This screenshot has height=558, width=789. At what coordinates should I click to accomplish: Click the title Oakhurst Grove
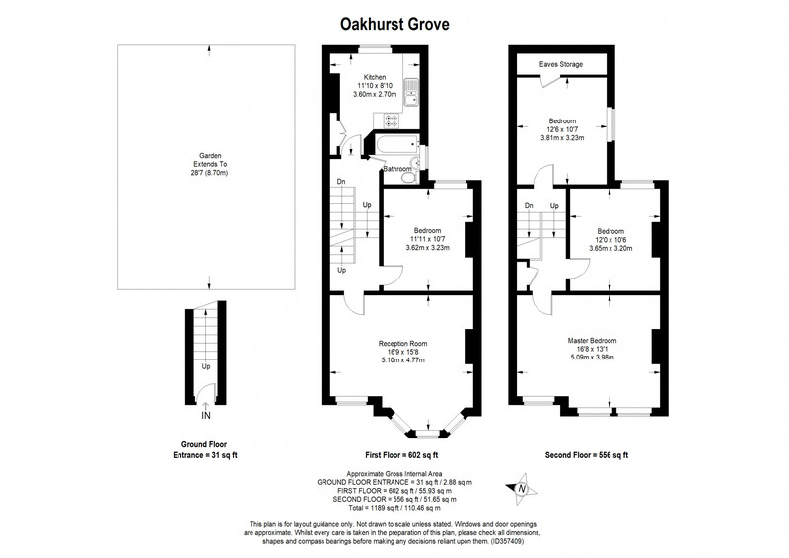tap(394, 24)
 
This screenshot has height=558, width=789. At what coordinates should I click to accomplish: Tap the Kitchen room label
tap(375, 77)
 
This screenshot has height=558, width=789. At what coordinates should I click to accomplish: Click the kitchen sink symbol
tap(411, 94)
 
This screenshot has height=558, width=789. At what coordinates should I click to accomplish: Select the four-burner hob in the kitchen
tap(391, 120)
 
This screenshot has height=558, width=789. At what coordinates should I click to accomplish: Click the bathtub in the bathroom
tap(397, 144)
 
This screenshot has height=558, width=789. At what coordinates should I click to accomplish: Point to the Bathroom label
tap(397, 169)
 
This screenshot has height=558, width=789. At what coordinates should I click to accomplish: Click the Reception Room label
tap(403, 344)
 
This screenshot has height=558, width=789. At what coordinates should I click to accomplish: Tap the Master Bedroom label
tap(593, 341)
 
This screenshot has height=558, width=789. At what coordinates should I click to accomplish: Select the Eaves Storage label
tap(561, 64)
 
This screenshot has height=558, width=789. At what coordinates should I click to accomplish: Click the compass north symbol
tap(522, 489)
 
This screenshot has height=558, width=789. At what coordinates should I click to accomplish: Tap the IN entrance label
tap(206, 416)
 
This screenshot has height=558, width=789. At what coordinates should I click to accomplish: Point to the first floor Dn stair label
tap(341, 181)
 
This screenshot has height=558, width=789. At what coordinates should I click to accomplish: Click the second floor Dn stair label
tap(529, 205)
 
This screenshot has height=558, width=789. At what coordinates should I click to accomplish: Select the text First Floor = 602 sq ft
tap(401, 455)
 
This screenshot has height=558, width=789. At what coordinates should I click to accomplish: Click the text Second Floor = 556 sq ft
tap(587, 455)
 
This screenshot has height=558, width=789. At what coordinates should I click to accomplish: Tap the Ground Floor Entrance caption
tap(205, 449)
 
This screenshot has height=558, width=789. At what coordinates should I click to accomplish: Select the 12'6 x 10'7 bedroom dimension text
tap(562, 129)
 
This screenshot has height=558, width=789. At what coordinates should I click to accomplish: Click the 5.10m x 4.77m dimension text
tap(403, 359)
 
